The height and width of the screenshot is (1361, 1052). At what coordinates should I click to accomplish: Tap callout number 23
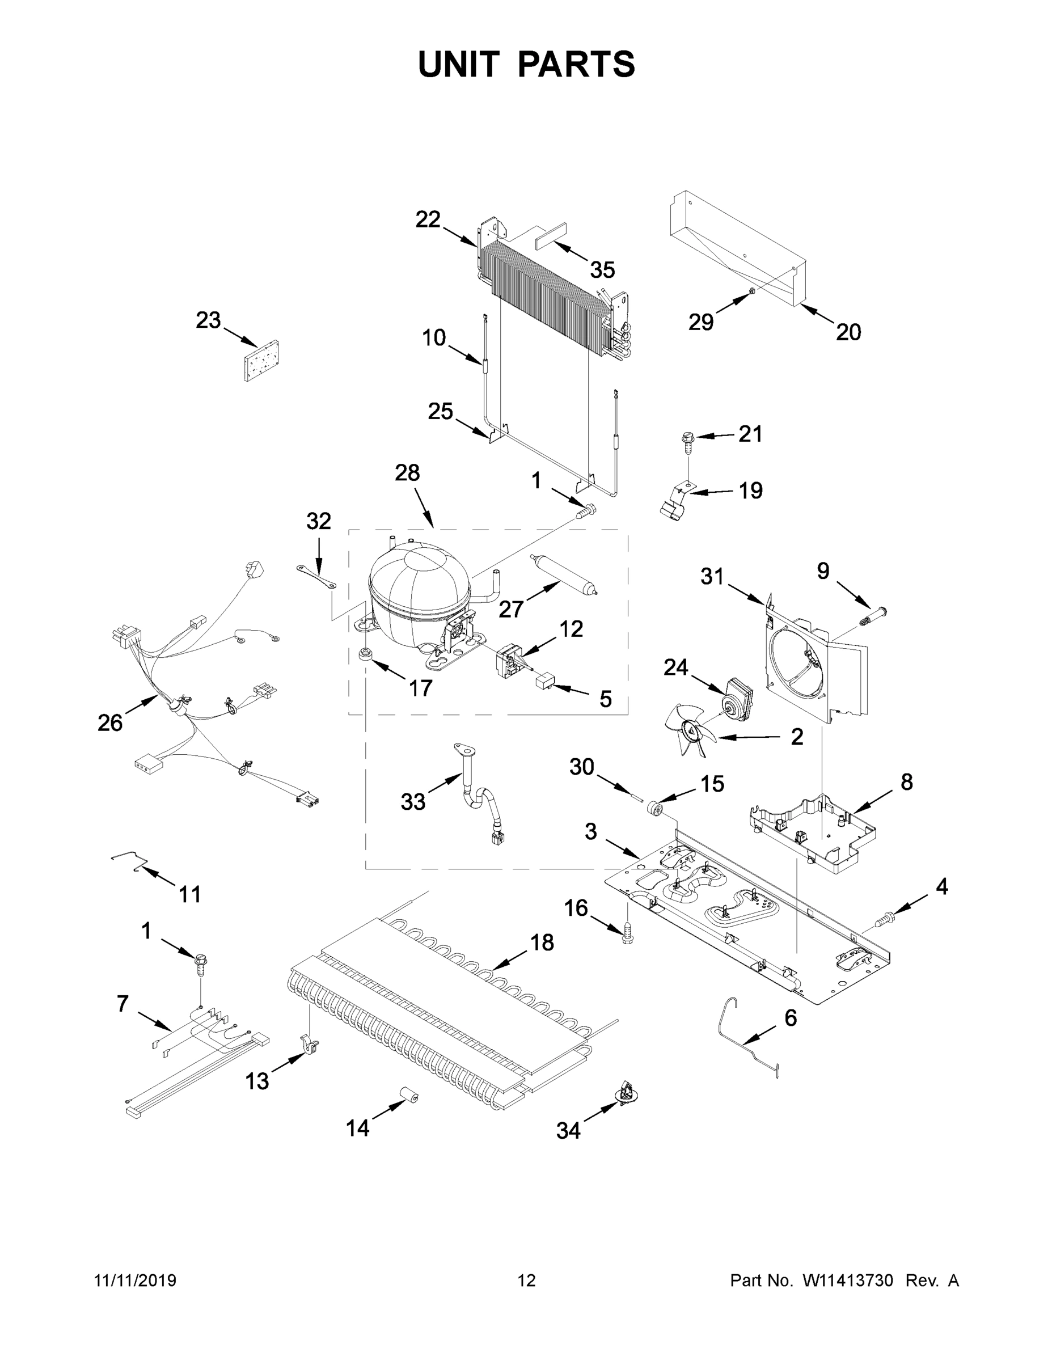[x=208, y=320]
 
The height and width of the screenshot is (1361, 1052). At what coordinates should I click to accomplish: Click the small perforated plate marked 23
[x=261, y=361]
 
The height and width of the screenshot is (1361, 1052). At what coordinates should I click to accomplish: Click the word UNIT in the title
[x=459, y=64]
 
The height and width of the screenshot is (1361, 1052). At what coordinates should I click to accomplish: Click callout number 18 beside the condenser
[x=542, y=943]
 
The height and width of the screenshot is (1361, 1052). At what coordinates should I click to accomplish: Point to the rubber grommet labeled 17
[x=365, y=655]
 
